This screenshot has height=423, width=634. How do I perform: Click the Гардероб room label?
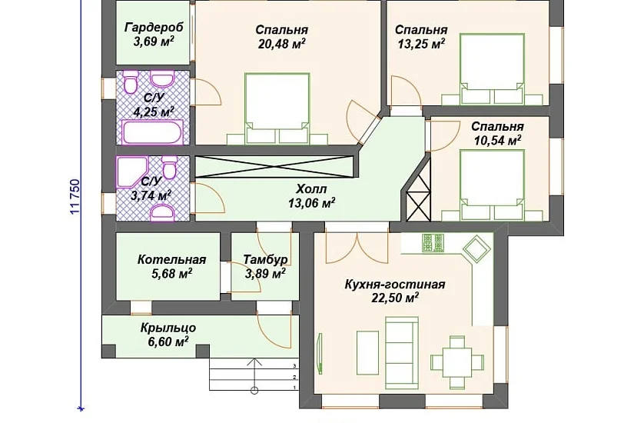[154, 28]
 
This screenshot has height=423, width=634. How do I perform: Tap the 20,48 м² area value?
[282, 44]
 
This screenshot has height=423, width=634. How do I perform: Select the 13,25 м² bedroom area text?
[421, 44]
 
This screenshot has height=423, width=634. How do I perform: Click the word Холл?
[311, 189]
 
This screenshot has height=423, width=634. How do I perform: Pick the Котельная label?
[172, 259]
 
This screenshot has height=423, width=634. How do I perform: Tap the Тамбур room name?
[265, 260]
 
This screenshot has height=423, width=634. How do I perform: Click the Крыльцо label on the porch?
[168, 328]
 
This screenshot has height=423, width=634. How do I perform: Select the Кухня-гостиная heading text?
[395, 284]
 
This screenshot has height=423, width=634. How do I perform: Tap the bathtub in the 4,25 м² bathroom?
[152, 132]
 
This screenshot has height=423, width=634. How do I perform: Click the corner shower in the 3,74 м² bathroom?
[132, 172]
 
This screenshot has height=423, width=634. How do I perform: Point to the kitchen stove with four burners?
[433, 243]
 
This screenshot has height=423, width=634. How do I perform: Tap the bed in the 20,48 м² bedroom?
[277, 108]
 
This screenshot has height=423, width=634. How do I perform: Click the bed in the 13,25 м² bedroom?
[492, 69]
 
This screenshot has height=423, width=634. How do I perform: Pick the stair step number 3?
[295, 366]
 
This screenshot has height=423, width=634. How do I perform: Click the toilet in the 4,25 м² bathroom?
[131, 82]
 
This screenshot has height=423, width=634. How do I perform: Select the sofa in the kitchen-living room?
[401, 353]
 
